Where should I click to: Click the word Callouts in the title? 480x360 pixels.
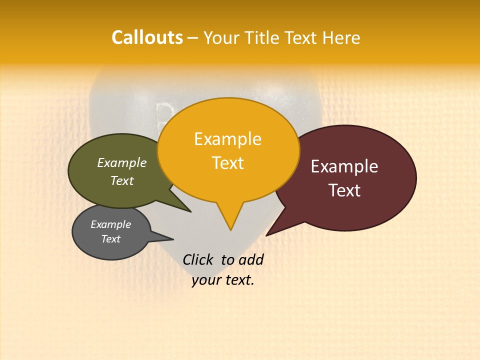tap(147, 37)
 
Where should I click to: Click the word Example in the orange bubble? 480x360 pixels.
tap(227, 139)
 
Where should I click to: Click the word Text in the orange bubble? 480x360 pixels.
tap(228, 163)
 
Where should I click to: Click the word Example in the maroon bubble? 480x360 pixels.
tap(344, 166)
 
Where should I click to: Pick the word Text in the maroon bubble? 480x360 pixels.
tap(344, 190)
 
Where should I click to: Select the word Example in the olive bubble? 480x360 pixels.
tap(121, 163)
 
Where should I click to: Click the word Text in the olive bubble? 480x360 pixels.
tap(121, 181)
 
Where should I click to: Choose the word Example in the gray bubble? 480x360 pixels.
tap(110, 224)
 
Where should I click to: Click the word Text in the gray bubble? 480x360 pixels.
tap(110, 239)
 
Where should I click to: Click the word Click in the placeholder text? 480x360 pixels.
tap(198, 259)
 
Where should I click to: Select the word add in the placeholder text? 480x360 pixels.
tap(251, 259)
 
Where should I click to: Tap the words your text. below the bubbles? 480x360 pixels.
tap(223, 280)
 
